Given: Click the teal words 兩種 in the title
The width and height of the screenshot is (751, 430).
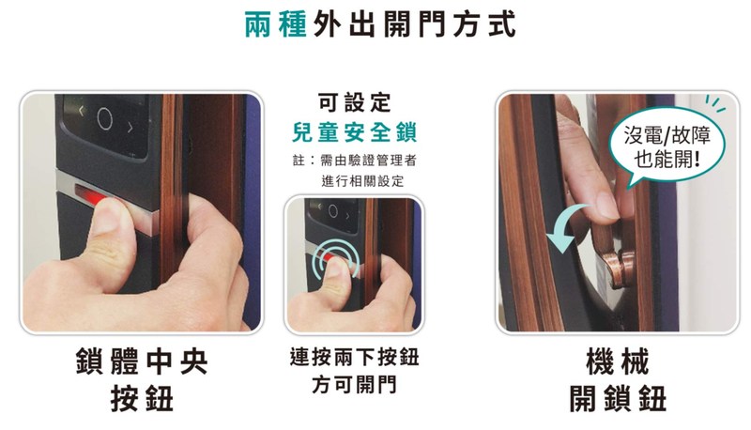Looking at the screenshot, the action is click(x=275, y=24).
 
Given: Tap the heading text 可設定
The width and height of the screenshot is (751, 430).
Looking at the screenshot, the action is click(x=355, y=102).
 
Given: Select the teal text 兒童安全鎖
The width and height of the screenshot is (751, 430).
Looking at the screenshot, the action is click(x=355, y=132).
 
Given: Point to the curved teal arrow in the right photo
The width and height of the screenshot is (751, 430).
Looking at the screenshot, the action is click(x=565, y=225).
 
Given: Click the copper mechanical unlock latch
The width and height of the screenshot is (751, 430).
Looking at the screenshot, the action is click(x=618, y=261).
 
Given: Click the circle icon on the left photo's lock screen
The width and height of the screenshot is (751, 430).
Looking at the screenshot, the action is click(x=104, y=118).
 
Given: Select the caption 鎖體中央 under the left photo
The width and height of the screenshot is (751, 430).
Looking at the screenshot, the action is click(x=142, y=362).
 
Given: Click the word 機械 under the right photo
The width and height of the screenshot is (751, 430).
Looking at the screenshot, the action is click(x=618, y=362).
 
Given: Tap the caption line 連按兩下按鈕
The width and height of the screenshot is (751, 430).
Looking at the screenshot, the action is click(x=355, y=357).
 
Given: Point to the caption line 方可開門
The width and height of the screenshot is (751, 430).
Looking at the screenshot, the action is click(x=355, y=385).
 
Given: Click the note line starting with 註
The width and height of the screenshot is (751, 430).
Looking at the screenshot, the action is click(x=355, y=160).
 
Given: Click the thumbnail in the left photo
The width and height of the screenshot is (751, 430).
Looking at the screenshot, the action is click(x=110, y=216).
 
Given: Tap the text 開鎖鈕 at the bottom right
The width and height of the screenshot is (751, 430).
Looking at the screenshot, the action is click(x=618, y=398).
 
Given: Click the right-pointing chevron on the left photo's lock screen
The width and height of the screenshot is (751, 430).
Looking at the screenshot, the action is click(x=130, y=128).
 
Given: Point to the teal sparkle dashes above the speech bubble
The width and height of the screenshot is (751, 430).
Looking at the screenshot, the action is click(x=714, y=103).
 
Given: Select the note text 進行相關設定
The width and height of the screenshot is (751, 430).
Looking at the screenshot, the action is click(x=362, y=181).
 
